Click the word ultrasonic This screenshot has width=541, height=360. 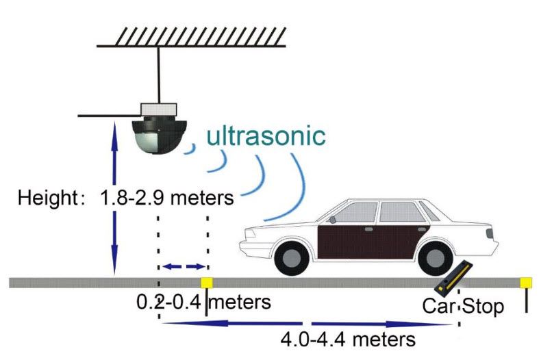[266, 136]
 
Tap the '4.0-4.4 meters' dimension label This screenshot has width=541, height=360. [349, 339]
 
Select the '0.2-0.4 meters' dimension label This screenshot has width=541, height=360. [203, 302]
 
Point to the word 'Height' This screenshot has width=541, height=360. [46, 198]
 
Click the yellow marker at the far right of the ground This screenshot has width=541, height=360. [526, 283]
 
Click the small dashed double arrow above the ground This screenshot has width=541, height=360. [183, 266]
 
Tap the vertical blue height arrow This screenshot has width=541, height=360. [114, 198]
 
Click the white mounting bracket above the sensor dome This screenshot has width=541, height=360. [159, 110]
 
